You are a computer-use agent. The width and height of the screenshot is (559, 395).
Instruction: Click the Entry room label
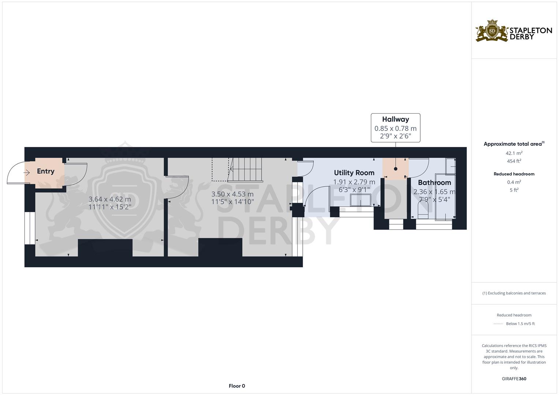(x=45, y=171)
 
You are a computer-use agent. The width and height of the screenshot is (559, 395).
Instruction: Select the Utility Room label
(x=354, y=173)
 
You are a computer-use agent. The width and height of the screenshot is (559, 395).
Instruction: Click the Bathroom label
(x=434, y=183)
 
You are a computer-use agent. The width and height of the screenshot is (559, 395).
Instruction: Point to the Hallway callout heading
(x=395, y=119)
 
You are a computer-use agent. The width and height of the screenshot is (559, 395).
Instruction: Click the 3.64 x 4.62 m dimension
(x=109, y=199)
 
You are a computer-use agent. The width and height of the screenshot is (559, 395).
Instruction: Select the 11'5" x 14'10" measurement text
(x=232, y=202)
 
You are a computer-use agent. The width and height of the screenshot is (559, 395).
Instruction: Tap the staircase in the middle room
(x=245, y=170)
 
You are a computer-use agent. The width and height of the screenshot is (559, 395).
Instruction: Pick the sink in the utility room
(x=361, y=200)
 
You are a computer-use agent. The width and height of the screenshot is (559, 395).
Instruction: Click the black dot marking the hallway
(x=395, y=169)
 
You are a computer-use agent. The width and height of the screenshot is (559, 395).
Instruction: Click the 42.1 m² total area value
(x=514, y=153)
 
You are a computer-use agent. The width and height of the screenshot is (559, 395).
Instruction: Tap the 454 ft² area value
(x=514, y=161)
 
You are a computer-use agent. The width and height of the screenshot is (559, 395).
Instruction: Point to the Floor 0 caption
(x=237, y=386)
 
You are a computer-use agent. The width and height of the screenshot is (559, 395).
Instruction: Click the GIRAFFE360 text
(x=514, y=379)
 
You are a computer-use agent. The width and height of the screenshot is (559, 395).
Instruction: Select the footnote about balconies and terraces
(x=514, y=293)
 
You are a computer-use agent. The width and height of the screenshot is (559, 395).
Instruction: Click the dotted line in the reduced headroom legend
(x=498, y=324)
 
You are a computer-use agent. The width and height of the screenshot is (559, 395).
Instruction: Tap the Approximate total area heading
(x=514, y=144)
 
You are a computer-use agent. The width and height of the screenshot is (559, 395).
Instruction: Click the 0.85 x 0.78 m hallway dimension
(x=395, y=128)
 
